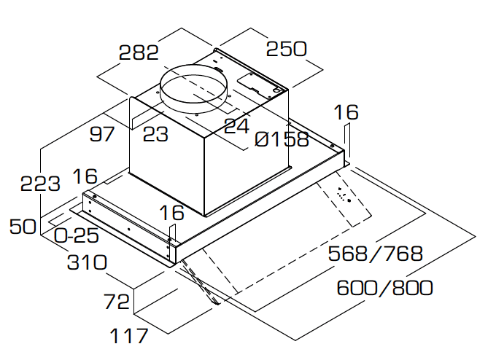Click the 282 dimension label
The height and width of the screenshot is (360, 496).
(139, 52)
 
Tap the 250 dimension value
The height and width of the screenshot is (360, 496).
(286, 49)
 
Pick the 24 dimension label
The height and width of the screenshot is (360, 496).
(236, 126)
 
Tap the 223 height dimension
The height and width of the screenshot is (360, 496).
(41, 184)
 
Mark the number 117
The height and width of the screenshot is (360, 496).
(128, 336)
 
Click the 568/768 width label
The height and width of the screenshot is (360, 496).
(376, 254)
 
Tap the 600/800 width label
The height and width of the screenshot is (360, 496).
(384, 287)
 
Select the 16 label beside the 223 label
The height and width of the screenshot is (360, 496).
(85, 176)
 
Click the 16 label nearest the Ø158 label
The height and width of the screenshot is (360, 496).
(346, 112)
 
